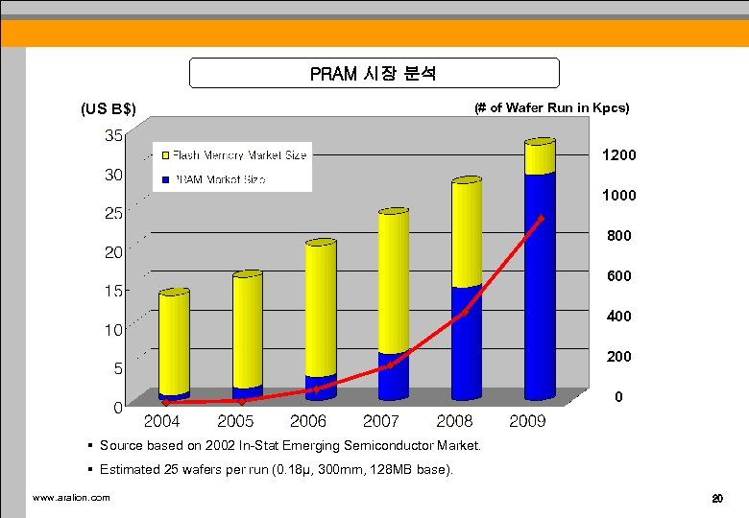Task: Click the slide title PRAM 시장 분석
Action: tap(374, 73)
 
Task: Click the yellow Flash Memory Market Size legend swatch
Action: tap(165, 155)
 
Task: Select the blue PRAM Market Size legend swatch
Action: tap(165, 179)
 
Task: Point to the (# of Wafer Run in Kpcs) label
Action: tap(551, 107)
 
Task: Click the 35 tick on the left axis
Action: tap(113, 135)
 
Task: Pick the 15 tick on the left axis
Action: tap(113, 291)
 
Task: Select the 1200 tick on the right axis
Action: tap(618, 154)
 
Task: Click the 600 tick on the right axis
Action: tap(619, 275)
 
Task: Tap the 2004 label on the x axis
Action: tap(162, 420)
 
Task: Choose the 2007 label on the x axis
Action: tap(381, 420)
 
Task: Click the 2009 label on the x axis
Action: tap(527, 420)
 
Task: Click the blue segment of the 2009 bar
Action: tap(540, 288)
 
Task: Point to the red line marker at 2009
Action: tap(542, 219)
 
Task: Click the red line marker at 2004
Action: tap(166, 403)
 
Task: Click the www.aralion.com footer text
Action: tap(71, 497)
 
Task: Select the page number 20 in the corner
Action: tap(716, 498)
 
